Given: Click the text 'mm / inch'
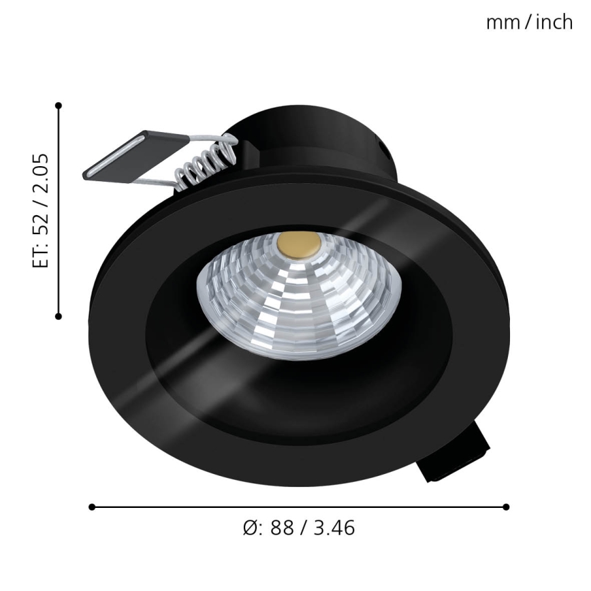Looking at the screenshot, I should [x=528, y=22].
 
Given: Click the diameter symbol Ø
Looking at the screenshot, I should [x=249, y=528].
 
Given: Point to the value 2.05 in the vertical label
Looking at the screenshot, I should [x=42, y=175].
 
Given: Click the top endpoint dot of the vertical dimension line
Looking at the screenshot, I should [x=59, y=106].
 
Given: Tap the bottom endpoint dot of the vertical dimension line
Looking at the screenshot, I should [x=59, y=316].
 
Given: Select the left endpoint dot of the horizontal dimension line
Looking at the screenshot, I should [x=92, y=507].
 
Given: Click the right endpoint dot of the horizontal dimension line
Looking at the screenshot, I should [x=506, y=507].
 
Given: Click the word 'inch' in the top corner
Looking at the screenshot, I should [x=554, y=22].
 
